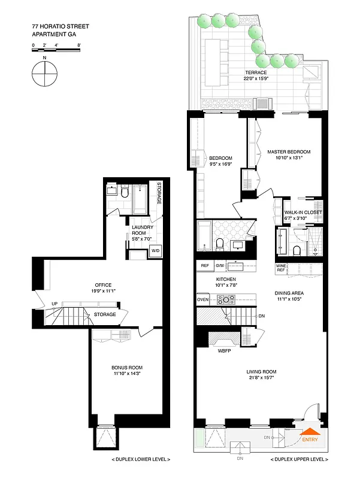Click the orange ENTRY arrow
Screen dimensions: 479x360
310,432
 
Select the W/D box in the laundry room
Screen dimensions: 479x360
155,250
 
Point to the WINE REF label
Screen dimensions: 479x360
281,268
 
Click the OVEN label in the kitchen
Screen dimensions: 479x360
202,299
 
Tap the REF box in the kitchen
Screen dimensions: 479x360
204,265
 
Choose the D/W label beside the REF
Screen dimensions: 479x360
219,265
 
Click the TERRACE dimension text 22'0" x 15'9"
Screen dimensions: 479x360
253,78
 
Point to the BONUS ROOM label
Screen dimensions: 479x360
127,368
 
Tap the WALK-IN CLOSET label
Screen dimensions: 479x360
302,213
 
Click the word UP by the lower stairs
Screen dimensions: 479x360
54,304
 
